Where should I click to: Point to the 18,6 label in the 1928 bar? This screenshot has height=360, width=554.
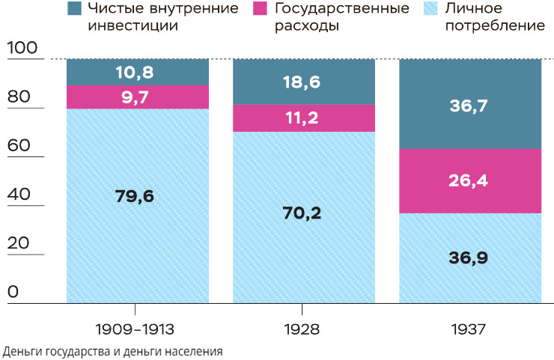tap(304, 82)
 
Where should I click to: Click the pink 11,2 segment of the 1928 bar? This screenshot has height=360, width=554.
tap(304, 118)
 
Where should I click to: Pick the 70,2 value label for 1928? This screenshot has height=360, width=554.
tap(304, 213)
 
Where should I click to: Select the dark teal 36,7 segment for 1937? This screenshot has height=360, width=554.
tap(470, 106)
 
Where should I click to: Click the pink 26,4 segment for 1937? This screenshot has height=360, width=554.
tap(470, 180)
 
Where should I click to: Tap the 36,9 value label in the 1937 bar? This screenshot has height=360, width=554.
tap(470, 257)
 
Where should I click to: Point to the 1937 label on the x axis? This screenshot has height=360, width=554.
tap(469, 329)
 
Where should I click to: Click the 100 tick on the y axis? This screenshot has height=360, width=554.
tap(22, 48)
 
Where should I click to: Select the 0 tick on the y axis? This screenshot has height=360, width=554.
tap(13, 292)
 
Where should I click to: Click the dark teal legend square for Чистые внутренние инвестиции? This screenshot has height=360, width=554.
tap(74, 9)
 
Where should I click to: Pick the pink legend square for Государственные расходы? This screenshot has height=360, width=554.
tap(261, 9)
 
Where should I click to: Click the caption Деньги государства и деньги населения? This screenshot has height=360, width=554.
tap(113, 350)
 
